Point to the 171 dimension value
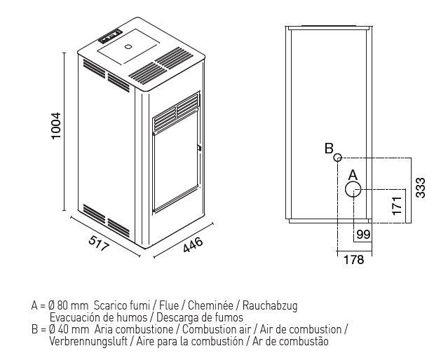point(396,206)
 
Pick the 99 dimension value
point(362,235)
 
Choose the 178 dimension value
point(355,261)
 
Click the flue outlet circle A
point(353,189)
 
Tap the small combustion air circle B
point(337,158)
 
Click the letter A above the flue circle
point(353,173)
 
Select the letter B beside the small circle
point(327,148)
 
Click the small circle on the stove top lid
point(128,47)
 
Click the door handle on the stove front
point(199,148)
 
